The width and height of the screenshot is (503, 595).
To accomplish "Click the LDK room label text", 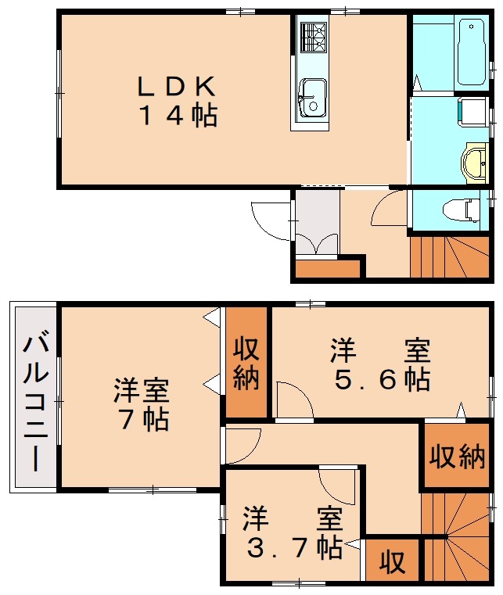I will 176,84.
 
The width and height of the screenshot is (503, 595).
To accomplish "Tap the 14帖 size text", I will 178,116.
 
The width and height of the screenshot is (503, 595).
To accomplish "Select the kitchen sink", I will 313,96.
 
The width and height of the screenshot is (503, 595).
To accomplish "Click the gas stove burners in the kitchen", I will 313,35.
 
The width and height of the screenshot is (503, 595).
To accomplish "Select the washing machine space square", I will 472,110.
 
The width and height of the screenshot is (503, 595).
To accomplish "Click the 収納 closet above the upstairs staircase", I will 456,457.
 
